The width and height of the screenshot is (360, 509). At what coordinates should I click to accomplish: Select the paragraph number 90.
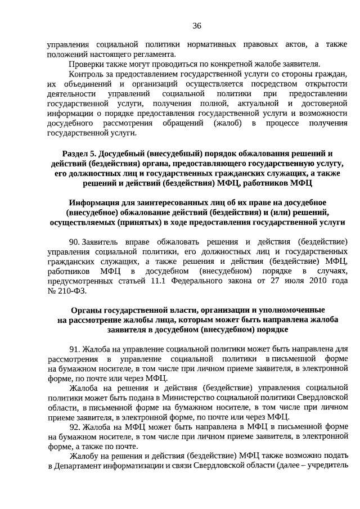(x=74, y=242)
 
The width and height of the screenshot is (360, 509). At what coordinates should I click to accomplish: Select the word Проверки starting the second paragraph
(x=86, y=64)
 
